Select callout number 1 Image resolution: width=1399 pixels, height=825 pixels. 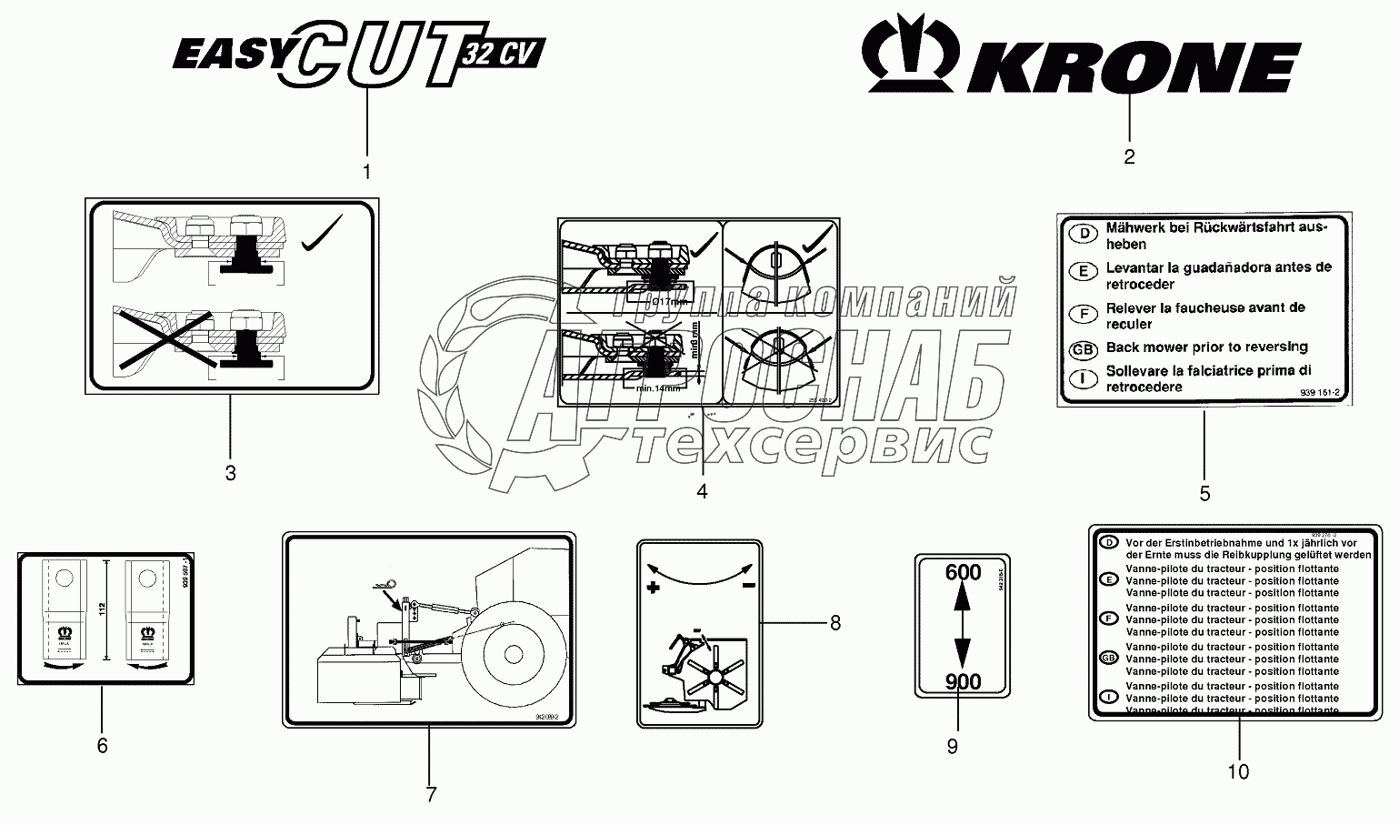pos(367,171)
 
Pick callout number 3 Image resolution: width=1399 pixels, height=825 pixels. pos(230,473)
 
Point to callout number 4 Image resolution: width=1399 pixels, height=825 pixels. pos(702,491)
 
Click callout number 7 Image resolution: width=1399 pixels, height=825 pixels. pos(431,794)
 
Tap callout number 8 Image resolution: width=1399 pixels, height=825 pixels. pos(834,623)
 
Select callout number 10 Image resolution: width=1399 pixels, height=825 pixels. pos(1238,772)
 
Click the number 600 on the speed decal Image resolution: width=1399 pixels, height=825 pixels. pos(963,573)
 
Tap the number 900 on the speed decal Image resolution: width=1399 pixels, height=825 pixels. pos(963,682)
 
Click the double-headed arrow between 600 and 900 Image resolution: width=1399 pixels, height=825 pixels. pos(963,628)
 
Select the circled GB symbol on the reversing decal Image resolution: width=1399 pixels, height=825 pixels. pos(1083,349)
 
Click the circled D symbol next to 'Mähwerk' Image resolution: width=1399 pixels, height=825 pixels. pos(1083,234)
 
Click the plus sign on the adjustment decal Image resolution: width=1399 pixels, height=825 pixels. pos(652,589)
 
